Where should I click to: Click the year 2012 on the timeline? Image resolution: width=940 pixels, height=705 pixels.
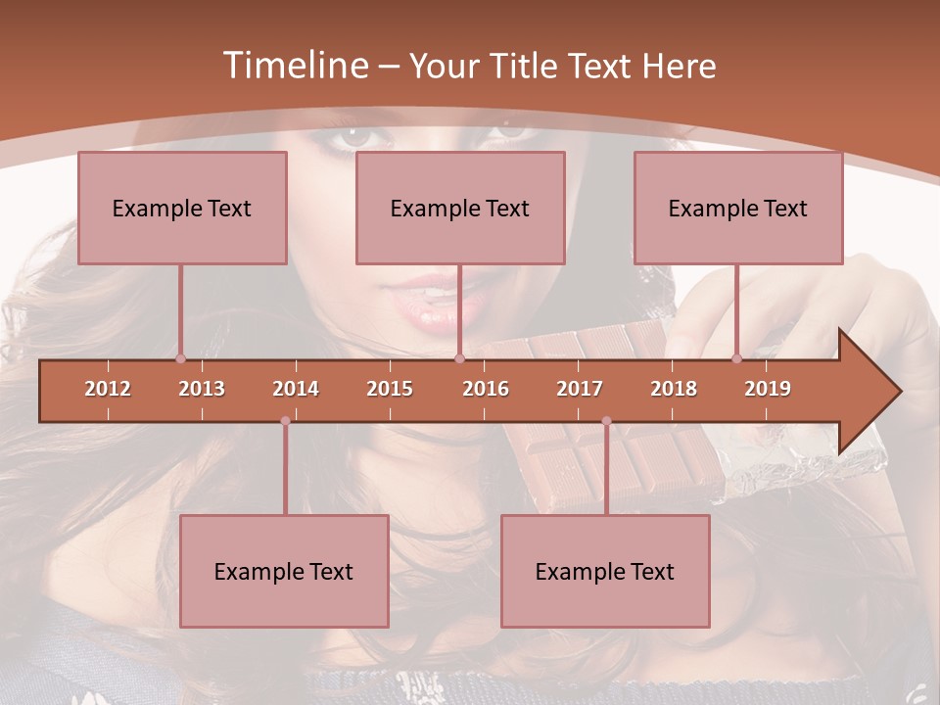[x=108, y=389]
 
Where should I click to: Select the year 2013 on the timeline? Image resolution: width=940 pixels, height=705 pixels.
[x=202, y=389]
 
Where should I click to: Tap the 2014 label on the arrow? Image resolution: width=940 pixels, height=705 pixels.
[x=296, y=389]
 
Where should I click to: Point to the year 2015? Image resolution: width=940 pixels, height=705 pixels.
[x=390, y=389]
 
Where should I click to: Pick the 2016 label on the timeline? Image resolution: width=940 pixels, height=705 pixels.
[x=486, y=389]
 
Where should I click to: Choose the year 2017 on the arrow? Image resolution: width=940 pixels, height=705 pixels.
[x=580, y=389]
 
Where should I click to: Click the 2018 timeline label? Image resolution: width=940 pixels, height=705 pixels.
[x=674, y=389]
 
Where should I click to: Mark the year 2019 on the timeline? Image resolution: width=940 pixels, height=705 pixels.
[x=768, y=389]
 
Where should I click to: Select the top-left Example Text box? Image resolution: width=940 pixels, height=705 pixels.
[x=182, y=209]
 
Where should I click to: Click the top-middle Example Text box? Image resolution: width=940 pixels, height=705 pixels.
[x=460, y=209]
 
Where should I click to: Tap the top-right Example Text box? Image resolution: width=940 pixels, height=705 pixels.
[x=738, y=209]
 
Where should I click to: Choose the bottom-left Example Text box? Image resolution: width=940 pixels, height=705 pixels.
[x=284, y=572]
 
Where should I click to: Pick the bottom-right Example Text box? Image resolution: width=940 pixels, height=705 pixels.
[x=605, y=572]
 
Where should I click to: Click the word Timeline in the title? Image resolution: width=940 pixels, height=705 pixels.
[x=294, y=66]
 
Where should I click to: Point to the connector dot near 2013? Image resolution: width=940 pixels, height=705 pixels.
[x=180, y=358]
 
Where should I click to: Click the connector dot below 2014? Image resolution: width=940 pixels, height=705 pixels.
[x=285, y=421]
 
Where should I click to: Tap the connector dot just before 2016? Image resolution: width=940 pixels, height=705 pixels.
[x=459, y=358]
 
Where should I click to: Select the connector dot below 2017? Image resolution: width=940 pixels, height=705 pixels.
[x=606, y=421]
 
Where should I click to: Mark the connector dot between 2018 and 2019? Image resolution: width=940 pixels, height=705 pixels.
[x=737, y=358]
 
